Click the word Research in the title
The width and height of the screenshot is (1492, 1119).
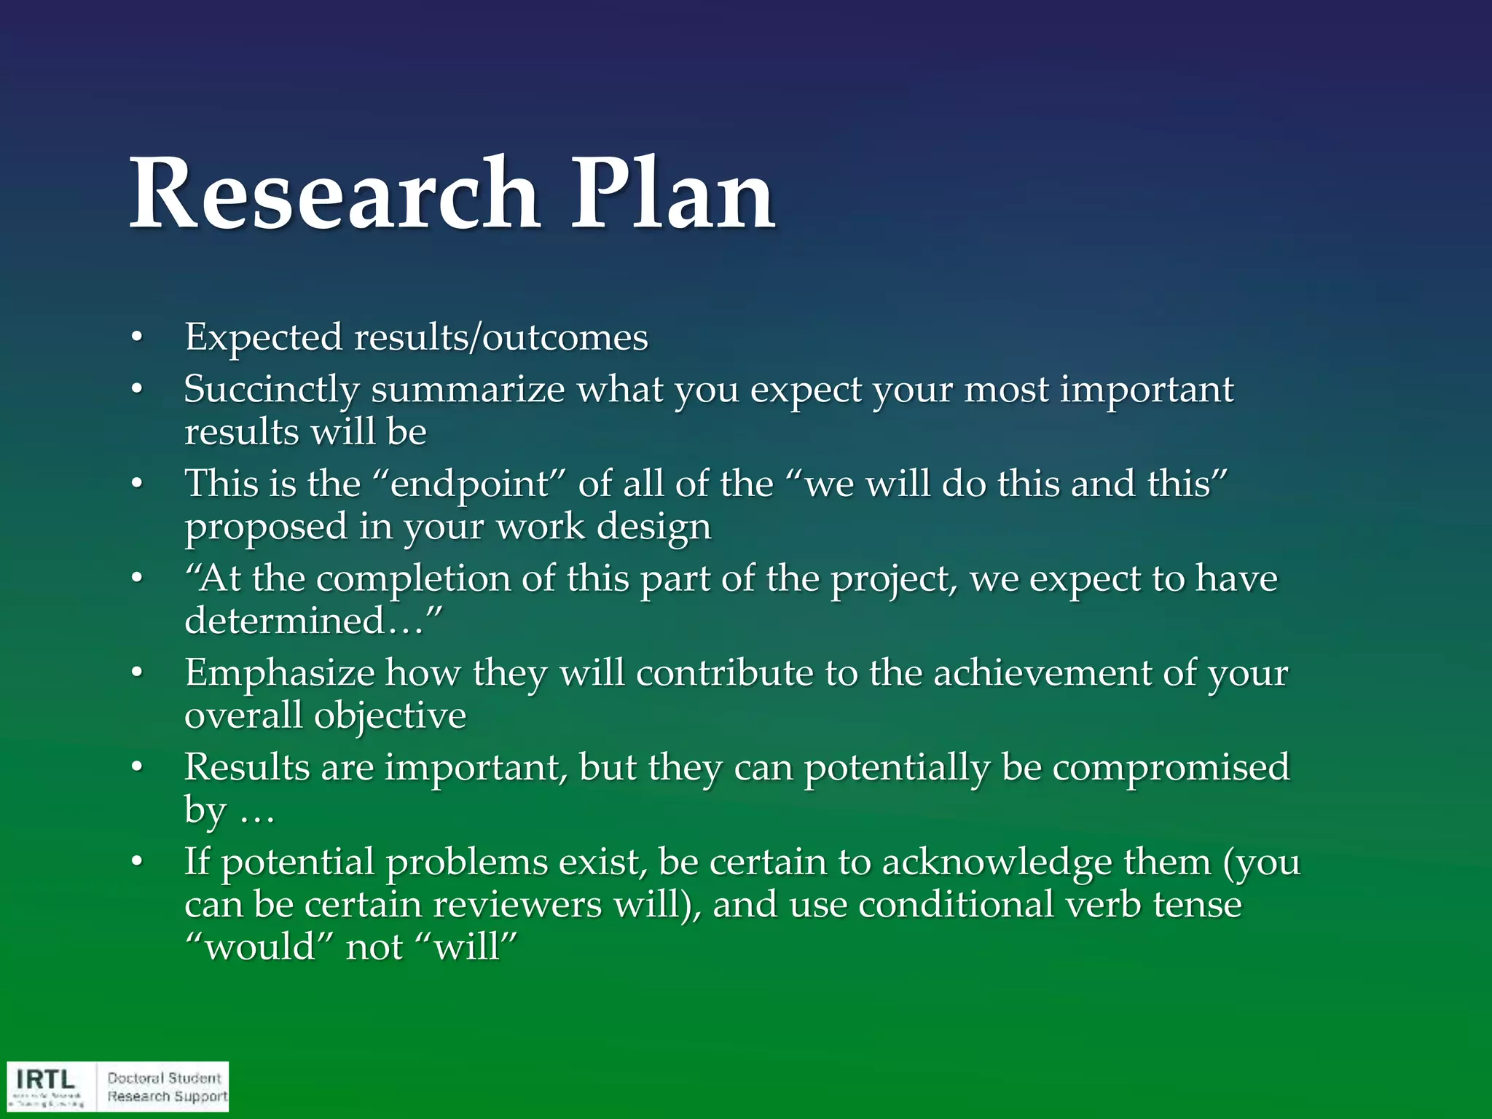click(334, 195)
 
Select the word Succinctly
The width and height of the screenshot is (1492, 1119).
click(271, 390)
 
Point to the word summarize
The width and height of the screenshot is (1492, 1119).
click(468, 390)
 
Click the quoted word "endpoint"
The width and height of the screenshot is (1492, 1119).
click(469, 484)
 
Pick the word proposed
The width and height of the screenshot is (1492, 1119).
click(265, 527)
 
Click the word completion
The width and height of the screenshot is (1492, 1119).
click(413, 579)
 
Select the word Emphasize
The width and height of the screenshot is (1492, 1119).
click(279, 673)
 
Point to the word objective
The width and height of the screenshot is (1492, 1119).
click(390, 716)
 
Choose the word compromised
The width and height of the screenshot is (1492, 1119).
click(1171, 768)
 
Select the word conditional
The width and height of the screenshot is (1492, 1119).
click(956, 905)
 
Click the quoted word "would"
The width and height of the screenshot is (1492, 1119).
click(260, 948)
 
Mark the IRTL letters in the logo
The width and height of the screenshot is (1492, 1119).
click(45, 1079)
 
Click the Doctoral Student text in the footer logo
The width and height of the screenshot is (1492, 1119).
click(164, 1077)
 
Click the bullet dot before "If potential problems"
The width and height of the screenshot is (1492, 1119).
click(136, 863)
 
